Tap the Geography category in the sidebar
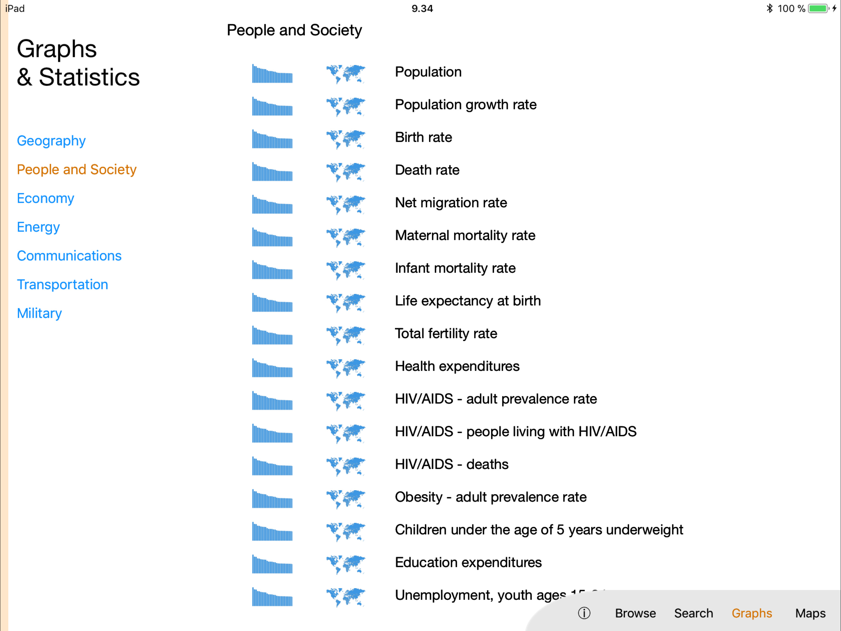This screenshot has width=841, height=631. pos(51,141)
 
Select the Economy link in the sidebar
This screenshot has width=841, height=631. pos(46,198)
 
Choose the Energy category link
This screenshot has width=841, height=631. pos(38,227)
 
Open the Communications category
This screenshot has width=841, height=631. pos(69,256)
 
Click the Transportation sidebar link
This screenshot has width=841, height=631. pos(63,285)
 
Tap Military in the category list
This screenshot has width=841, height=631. pos(39,313)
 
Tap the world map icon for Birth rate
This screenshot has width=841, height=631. pos(346,139)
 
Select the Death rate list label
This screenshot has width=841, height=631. pos(427,170)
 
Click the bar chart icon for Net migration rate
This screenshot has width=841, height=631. pos(272,204)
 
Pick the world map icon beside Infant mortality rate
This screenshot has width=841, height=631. pos(346,270)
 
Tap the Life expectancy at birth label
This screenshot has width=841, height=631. pos(468,301)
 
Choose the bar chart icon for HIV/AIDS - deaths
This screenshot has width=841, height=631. pos(272,466)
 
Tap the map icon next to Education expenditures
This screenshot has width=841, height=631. pos(346,564)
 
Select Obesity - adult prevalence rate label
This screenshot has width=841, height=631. pos(490,497)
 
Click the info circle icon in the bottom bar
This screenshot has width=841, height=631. pos(584,613)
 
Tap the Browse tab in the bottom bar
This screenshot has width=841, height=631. pos(635,613)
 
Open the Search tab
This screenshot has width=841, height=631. pos(694,613)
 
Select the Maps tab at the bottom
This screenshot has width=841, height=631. pos(810,613)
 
